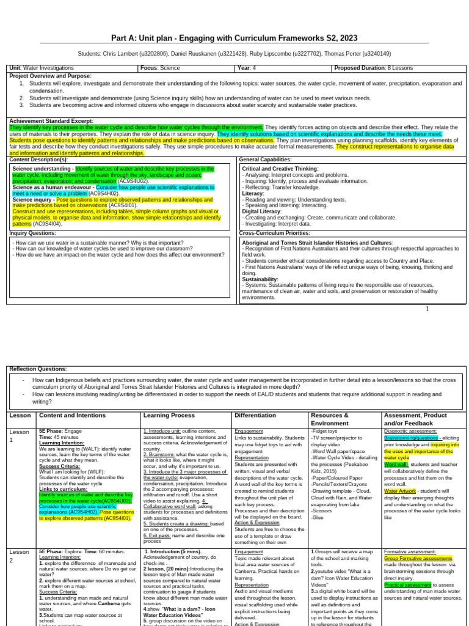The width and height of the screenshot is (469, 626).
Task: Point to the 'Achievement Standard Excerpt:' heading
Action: (51, 121)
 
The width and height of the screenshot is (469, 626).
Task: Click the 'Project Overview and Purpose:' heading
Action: (50, 76)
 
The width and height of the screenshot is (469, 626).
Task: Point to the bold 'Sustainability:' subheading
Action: (260, 279)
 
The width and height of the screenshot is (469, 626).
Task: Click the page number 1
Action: (427, 309)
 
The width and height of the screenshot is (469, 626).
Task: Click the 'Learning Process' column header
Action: (169, 415)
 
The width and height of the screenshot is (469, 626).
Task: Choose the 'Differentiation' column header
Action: (255, 415)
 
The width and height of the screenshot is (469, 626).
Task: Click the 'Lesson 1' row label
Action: (19, 436)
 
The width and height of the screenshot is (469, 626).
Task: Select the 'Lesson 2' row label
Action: (19, 556)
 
